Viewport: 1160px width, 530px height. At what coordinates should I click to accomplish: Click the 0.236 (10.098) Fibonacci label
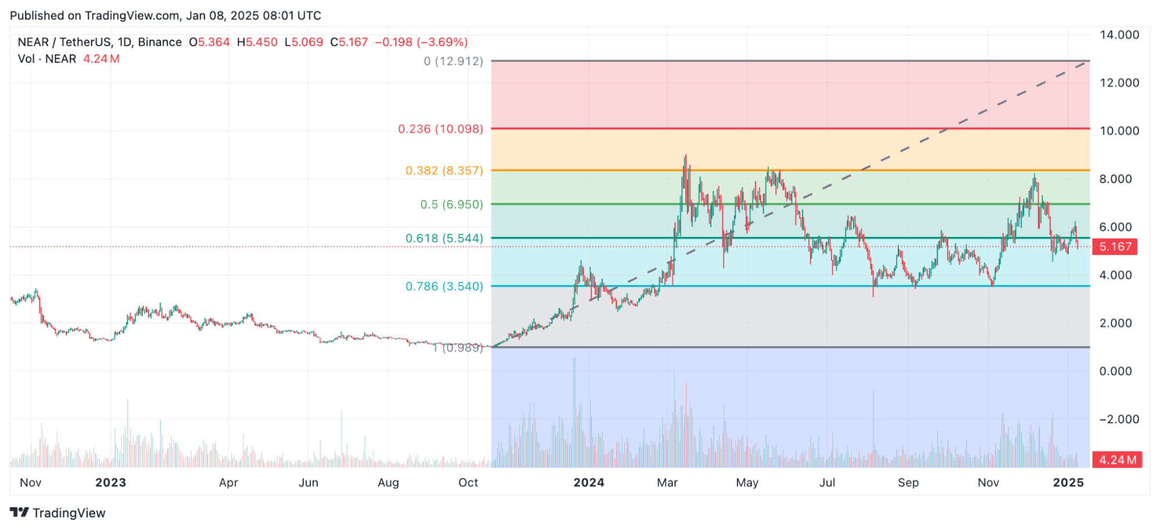pos(440,129)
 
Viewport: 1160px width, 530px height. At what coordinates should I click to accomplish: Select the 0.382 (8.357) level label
pos(444,171)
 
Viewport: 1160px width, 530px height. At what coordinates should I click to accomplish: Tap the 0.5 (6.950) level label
pos(451,204)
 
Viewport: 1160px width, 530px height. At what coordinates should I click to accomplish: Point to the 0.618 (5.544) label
pos(444,239)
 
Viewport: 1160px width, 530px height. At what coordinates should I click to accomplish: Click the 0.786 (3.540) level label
pos(444,286)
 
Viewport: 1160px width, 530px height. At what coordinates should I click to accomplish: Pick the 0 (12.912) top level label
pos(453,61)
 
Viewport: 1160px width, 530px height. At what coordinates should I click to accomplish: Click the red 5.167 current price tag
pos(1115,247)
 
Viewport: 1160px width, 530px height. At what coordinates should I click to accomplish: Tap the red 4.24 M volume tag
pos(1117,460)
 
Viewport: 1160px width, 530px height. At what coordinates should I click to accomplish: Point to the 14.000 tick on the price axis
pos(1119,35)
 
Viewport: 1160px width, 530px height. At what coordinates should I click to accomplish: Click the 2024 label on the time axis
pos(588,482)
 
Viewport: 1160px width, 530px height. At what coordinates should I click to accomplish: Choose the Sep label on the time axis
pos(908,482)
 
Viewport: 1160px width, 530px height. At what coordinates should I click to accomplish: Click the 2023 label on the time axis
pos(110,482)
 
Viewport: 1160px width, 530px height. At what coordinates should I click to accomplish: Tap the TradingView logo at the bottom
pos(58,513)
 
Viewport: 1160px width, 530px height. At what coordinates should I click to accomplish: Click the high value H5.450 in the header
pos(257,42)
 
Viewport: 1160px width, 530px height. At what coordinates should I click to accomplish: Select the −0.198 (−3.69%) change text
pos(421,42)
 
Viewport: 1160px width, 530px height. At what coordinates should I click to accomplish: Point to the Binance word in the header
pos(160,42)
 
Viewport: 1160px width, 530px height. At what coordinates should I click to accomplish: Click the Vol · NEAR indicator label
pos(47,59)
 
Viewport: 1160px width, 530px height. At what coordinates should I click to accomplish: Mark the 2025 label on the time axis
pos(1068,482)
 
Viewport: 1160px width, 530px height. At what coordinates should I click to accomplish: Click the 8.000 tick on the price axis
pos(1115,179)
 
